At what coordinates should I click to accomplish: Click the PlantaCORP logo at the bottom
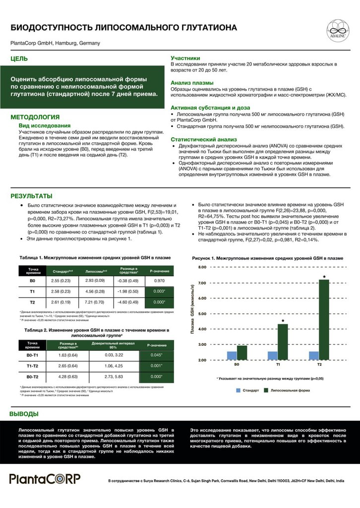pyautogui.click(x=45, y=479)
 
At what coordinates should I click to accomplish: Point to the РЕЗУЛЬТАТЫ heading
pyautogui.click(x=31, y=196)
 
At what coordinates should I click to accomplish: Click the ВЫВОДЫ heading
pyautogui.click(x=24, y=414)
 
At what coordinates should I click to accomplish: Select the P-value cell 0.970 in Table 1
pyautogui.click(x=159, y=281)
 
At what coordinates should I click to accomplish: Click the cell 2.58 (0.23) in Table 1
pyautogui.click(x=61, y=291)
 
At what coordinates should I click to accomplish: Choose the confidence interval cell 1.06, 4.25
pyautogui.click(x=114, y=366)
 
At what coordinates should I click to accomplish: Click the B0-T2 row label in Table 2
pyautogui.click(x=33, y=377)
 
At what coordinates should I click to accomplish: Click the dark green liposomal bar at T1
pyautogui.click(x=282, y=343)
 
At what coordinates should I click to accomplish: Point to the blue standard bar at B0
pyautogui.click(x=232, y=356)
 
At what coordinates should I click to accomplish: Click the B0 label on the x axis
pyautogui.click(x=238, y=366)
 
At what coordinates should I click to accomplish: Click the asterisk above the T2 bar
pyautogui.click(x=324, y=276)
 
